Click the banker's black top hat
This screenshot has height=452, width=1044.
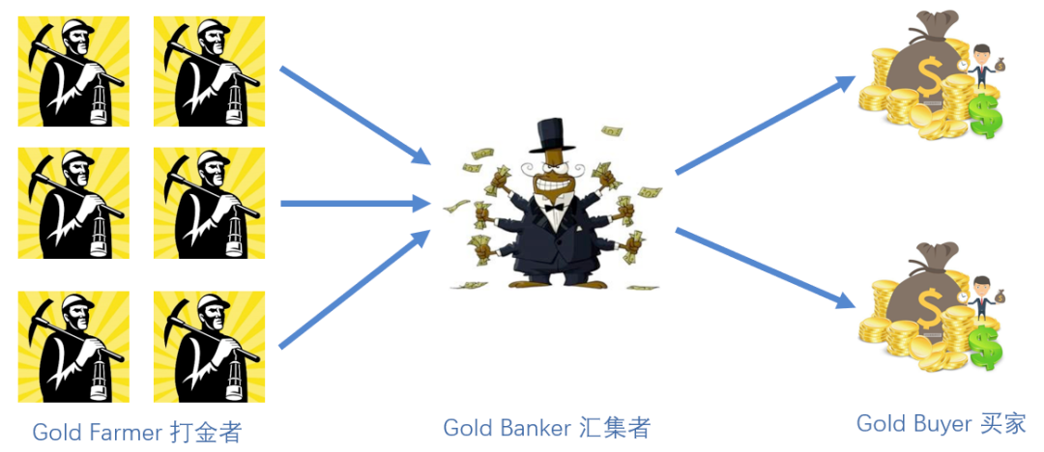(x=552, y=136)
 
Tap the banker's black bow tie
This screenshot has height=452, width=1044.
(x=554, y=206)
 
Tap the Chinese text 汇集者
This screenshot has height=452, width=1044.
(x=616, y=427)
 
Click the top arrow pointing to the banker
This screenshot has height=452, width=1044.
(x=354, y=115)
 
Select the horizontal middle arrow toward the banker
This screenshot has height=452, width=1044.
(x=354, y=203)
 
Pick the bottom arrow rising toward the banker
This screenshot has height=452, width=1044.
(x=354, y=290)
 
